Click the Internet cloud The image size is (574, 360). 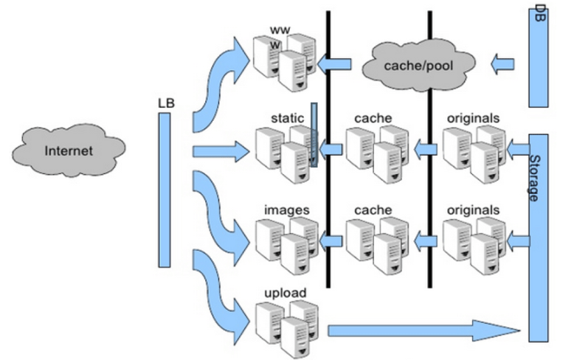tap(69, 150)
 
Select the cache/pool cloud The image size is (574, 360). tap(419, 65)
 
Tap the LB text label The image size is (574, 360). tap(166, 103)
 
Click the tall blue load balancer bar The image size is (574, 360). tap(165, 190)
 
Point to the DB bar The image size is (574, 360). tap(539, 58)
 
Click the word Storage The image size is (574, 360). tap(535, 179)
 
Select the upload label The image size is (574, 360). tap(286, 293)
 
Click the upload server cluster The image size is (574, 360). tap(287, 328)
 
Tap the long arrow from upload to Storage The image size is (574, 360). tap(424, 330)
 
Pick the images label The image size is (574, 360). tap(287, 210)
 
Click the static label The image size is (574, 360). tap(287, 118)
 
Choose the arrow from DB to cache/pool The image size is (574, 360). tap(502, 64)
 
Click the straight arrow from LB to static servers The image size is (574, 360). tap(221, 151)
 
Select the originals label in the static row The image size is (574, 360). tap(473, 118)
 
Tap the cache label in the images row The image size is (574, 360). tap(373, 210)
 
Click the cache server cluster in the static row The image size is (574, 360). tap(377, 153)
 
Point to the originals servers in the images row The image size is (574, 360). tap(474, 246)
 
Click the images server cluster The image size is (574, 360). tap(287, 246)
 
